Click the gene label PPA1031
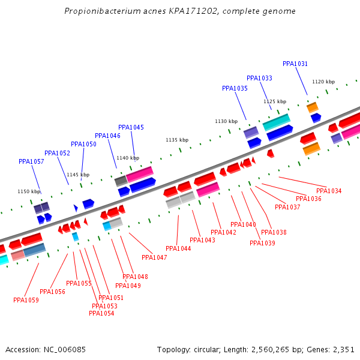[x=295, y=64]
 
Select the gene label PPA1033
[x=259, y=78]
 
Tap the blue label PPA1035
[x=235, y=88]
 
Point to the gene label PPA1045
[x=131, y=127]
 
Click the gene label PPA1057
[x=31, y=161]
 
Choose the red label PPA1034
[x=329, y=191]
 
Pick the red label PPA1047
[x=154, y=257]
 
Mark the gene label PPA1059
[x=26, y=300]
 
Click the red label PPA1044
[x=178, y=248]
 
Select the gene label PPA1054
[x=101, y=313]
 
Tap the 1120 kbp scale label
[x=323, y=82]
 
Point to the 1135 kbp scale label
[x=177, y=140]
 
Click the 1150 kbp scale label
[x=29, y=191]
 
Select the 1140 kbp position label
[x=128, y=158]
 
